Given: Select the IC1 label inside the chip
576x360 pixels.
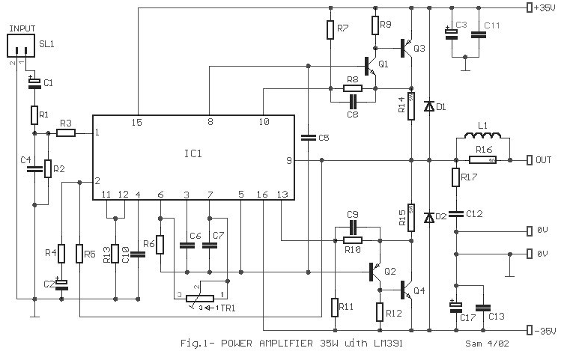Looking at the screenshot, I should pyautogui.click(x=192, y=153).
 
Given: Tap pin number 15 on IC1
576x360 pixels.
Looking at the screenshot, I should pyautogui.click(x=137, y=121).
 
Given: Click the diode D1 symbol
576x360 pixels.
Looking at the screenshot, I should pyautogui.click(x=428, y=107).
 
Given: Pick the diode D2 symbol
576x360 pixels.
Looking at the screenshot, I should pyautogui.click(x=428, y=218).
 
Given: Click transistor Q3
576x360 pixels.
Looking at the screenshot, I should pyautogui.click(x=408, y=48).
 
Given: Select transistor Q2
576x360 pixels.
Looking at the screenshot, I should pyautogui.click(x=378, y=272).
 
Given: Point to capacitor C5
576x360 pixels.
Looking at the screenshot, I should pyautogui.click(x=307, y=137).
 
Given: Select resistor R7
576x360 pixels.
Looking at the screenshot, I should pyautogui.click(x=330, y=30).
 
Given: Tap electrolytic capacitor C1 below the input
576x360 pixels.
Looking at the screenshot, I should pyautogui.click(x=34, y=84).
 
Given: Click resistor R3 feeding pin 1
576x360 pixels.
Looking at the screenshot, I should pyautogui.click(x=65, y=133).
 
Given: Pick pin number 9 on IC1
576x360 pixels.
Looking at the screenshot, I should pyautogui.click(x=288, y=159).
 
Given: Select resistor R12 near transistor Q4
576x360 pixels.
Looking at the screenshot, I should pyautogui.click(x=380, y=311).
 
